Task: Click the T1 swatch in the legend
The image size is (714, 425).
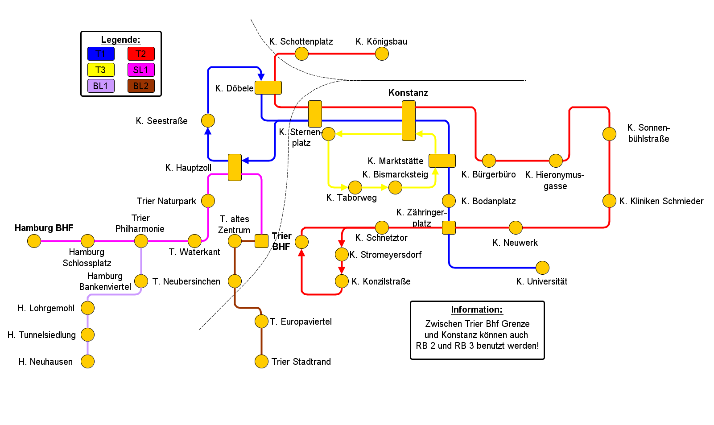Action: [101, 54]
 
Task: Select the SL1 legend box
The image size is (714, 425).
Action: [141, 70]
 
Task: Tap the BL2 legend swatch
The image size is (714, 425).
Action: [141, 86]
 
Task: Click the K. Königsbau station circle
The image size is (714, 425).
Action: [382, 54]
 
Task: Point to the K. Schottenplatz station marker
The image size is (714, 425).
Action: [301, 54]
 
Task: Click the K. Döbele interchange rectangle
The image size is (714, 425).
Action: [268, 87]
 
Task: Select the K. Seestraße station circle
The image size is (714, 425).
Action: [208, 120]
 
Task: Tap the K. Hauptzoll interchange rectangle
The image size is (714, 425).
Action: [235, 167]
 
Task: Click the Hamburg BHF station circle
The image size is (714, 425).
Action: [34, 241]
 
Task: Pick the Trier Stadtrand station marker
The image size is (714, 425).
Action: [261, 362]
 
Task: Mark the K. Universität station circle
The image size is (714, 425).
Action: [542, 268]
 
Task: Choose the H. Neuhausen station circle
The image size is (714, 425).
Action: [87, 362]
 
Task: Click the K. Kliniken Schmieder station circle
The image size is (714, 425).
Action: [609, 201]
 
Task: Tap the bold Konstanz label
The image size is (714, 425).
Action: [408, 93]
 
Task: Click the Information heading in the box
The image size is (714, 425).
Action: [476, 309]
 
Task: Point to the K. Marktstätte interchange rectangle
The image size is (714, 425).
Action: [442, 161]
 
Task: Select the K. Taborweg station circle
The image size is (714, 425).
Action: [355, 187]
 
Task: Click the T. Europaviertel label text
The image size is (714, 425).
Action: [301, 322]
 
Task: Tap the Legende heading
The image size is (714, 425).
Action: [120, 40]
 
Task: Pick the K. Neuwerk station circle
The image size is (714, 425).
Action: [516, 227]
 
